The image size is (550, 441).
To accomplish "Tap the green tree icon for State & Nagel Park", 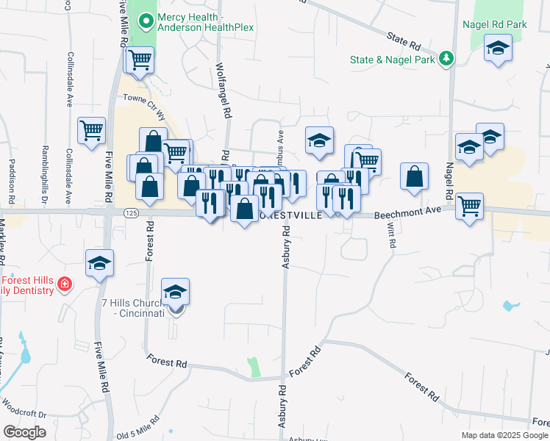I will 445,58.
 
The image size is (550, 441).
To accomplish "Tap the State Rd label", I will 403,35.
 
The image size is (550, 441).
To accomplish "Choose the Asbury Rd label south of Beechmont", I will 287,247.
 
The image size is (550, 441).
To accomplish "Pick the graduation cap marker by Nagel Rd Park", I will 498,49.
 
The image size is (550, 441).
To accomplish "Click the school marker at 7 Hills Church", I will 176,293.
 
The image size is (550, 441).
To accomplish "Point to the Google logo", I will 25,432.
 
